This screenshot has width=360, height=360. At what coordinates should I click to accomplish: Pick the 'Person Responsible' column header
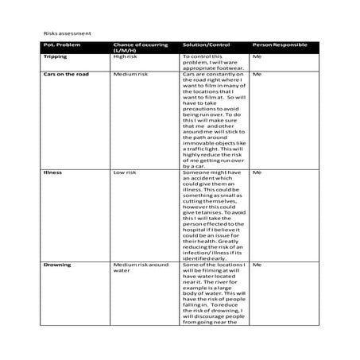(x=280, y=45)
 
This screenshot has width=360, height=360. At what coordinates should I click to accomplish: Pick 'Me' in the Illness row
(x=257, y=172)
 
